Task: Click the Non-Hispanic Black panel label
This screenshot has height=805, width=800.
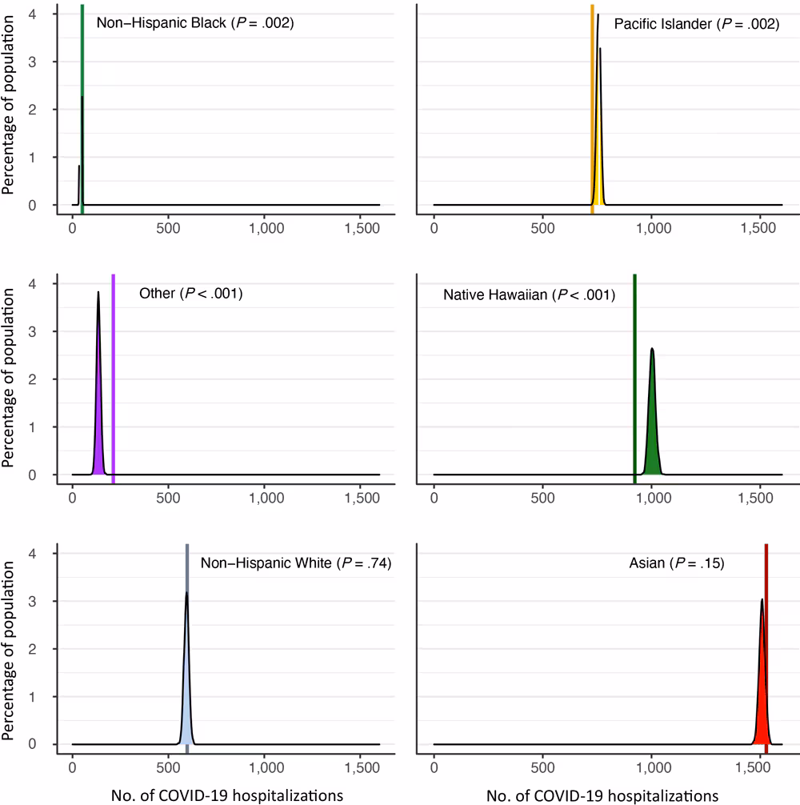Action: (195, 23)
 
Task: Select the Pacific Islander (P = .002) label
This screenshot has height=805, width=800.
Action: (696, 24)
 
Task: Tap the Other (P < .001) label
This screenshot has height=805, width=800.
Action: (190, 294)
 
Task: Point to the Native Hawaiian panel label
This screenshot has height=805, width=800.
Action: (529, 294)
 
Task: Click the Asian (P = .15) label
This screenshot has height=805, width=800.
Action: (676, 563)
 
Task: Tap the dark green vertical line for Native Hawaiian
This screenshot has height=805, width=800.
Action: (634, 376)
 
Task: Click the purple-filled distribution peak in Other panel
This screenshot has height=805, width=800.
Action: (99, 432)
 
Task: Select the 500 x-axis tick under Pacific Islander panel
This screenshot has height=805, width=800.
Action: (542, 227)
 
